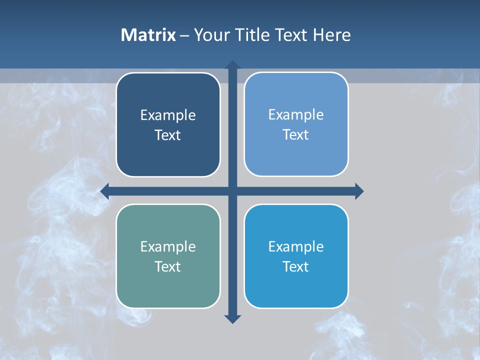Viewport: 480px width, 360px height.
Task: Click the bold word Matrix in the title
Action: [148, 35]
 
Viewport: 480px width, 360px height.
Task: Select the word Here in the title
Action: [332, 35]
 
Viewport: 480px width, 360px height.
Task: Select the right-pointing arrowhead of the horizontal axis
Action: [359, 191]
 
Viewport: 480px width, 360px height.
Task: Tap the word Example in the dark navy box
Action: [168, 115]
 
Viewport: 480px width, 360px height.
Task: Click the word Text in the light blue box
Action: [296, 135]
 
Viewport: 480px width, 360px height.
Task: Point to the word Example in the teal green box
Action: [168, 247]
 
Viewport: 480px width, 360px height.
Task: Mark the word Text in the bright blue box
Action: [296, 266]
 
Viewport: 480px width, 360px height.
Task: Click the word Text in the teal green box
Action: [168, 266]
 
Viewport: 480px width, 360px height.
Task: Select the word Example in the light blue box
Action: [296, 115]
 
